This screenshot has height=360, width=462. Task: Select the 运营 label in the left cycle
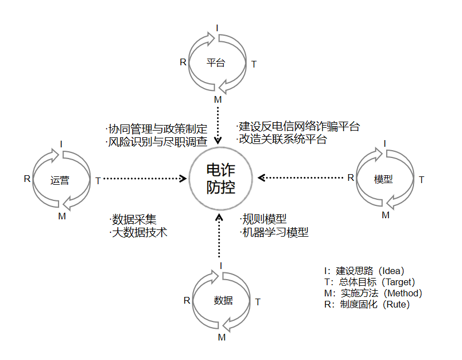[60, 180]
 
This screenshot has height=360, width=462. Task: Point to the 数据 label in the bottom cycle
[223, 300]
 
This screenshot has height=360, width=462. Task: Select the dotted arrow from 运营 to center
[145, 179]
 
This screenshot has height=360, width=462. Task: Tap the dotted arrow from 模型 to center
[301, 178]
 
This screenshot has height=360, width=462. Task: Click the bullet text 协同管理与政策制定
[156, 129]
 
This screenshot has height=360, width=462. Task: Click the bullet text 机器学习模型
[274, 232]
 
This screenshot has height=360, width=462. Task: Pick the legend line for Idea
[364, 271]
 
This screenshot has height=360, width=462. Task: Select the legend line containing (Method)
[373, 293]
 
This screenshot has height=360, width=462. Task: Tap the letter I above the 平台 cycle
[218, 27]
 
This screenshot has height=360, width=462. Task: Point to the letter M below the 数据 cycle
[222, 337]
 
